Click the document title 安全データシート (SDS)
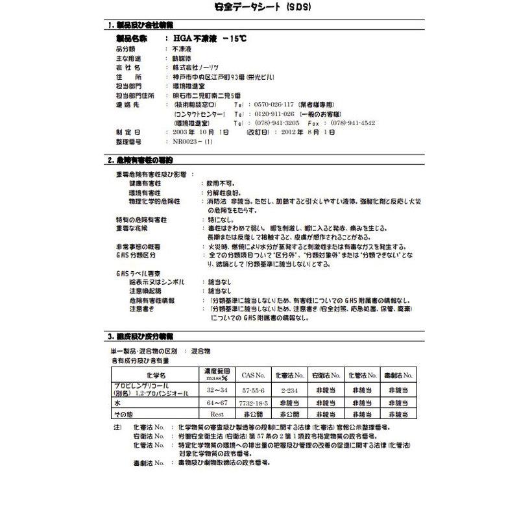[x=259, y=8]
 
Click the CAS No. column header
[x=253, y=375]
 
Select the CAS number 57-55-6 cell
[x=253, y=391]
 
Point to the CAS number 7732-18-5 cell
[x=253, y=402]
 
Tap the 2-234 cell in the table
[x=289, y=391]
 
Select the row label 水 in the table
[x=117, y=402]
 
